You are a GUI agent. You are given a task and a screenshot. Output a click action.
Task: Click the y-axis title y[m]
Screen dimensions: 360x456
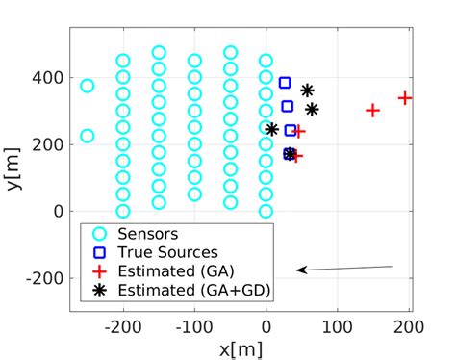click(13, 169)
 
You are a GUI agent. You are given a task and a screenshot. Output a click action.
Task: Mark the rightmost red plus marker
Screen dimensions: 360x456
click(405, 98)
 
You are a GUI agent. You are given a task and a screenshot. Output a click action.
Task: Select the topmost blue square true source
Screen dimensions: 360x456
click(285, 84)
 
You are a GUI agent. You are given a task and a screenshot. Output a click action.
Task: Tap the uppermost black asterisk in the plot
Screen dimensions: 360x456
click(307, 90)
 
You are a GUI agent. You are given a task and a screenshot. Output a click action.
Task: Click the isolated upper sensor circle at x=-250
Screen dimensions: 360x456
click(87, 86)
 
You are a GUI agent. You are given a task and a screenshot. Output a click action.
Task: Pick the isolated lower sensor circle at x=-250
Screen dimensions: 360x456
click(87, 136)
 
